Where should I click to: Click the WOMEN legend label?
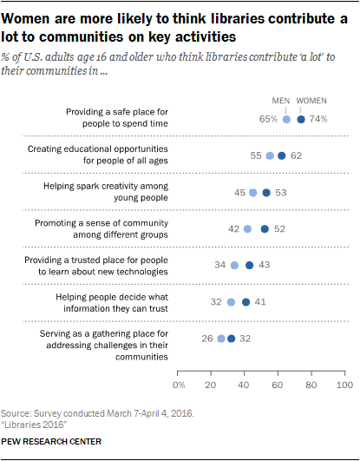pos(311,102)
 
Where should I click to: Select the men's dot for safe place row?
pos(286,120)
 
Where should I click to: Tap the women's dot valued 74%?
pos(301,120)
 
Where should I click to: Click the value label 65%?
pos(268,120)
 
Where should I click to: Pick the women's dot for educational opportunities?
pos(281,155)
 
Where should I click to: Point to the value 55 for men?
pos(255,155)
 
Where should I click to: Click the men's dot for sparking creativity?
pos(253,193)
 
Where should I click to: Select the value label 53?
pos(282,193)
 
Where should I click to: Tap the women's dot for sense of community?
pos(265,229)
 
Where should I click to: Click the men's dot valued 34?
pos(234,266)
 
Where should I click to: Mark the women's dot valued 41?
pos(246,302)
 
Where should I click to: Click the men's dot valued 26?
pos(221,339)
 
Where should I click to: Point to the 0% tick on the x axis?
pos(180,383)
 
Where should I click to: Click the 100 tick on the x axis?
pos(344,383)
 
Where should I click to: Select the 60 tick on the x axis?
pos(278,383)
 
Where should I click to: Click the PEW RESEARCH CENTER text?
pos(52,441)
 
